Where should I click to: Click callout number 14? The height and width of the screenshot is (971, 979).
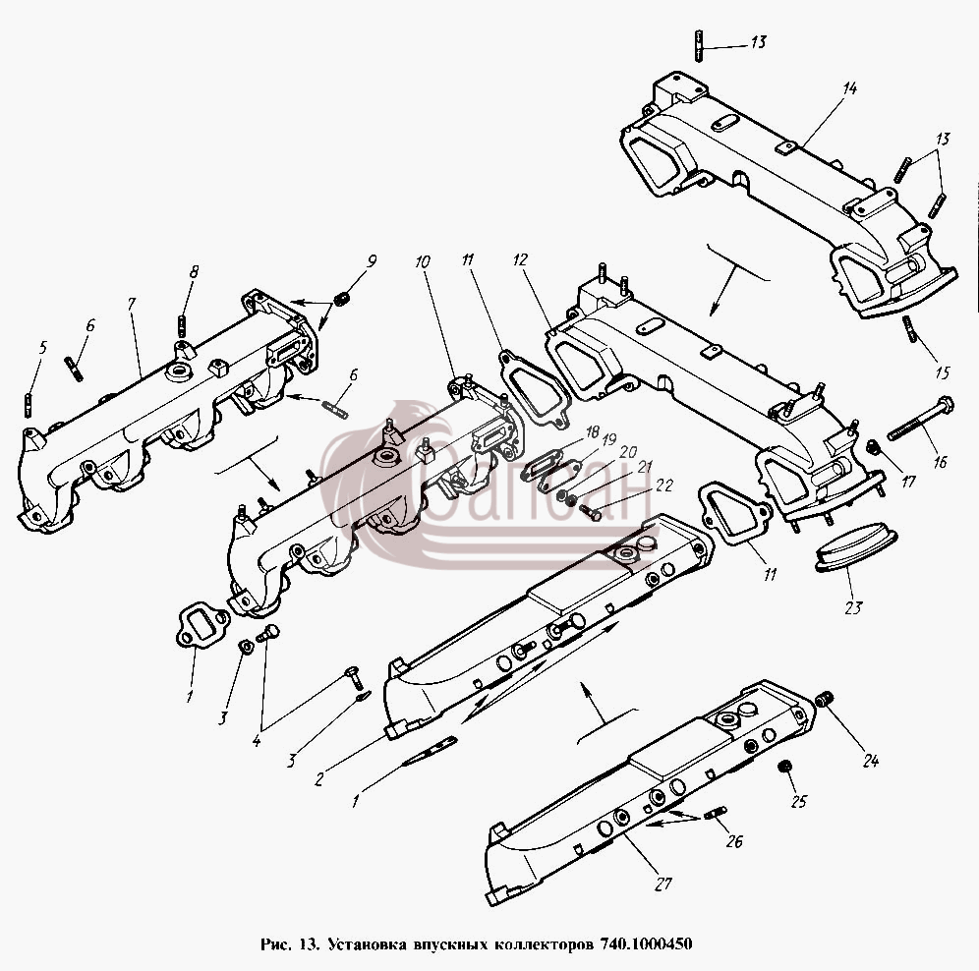(849, 88)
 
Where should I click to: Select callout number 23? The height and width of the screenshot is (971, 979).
(853, 607)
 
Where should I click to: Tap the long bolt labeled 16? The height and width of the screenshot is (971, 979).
(920, 419)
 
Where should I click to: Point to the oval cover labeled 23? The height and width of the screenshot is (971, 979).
(856, 547)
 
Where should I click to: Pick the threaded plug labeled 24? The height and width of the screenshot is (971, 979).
(825, 700)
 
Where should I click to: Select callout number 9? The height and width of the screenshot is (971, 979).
(372, 261)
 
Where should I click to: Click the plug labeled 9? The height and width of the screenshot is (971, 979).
(341, 299)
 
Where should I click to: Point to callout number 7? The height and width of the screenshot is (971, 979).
(132, 304)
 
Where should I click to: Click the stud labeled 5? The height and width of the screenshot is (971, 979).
(29, 405)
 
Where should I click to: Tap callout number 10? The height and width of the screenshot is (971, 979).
(423, 261)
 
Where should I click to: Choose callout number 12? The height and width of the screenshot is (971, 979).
(520, 259)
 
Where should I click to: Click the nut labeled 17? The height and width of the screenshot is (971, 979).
(874, 447)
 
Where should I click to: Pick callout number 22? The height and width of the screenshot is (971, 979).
(664, 485)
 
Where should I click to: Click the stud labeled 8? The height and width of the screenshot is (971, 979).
(182, 325)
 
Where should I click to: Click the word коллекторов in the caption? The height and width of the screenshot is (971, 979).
(544, 942)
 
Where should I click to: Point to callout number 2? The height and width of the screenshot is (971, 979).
(319, 778)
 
